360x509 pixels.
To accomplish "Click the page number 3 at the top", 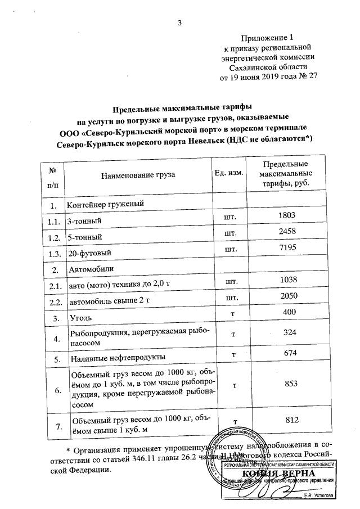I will (x=179, y=23).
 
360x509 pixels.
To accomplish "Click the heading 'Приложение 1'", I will (x=263, y=38).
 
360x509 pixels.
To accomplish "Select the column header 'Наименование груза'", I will (x=138, y=174).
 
